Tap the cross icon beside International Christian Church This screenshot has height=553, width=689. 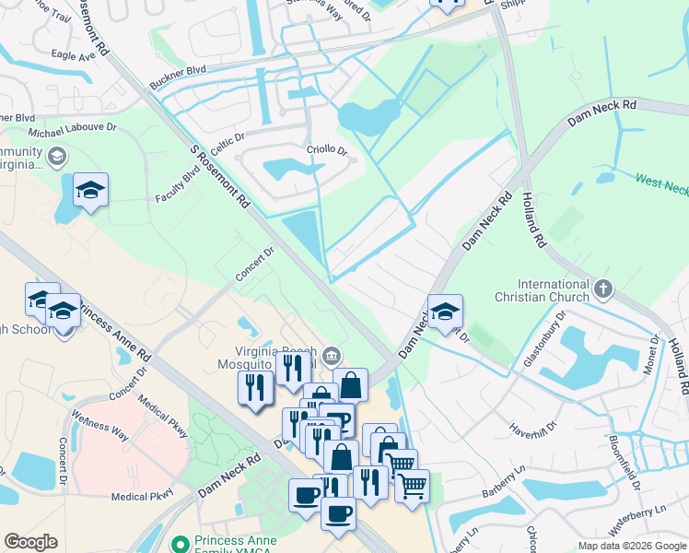tap(603, 290)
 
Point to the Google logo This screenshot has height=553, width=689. tap(30, 542)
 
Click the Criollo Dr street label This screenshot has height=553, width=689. tap(326, 150)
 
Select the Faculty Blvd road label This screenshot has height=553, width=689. tap(178, 185)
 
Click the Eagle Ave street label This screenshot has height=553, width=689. tap(75, 56)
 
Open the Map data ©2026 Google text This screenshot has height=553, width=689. tap(632, 546)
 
